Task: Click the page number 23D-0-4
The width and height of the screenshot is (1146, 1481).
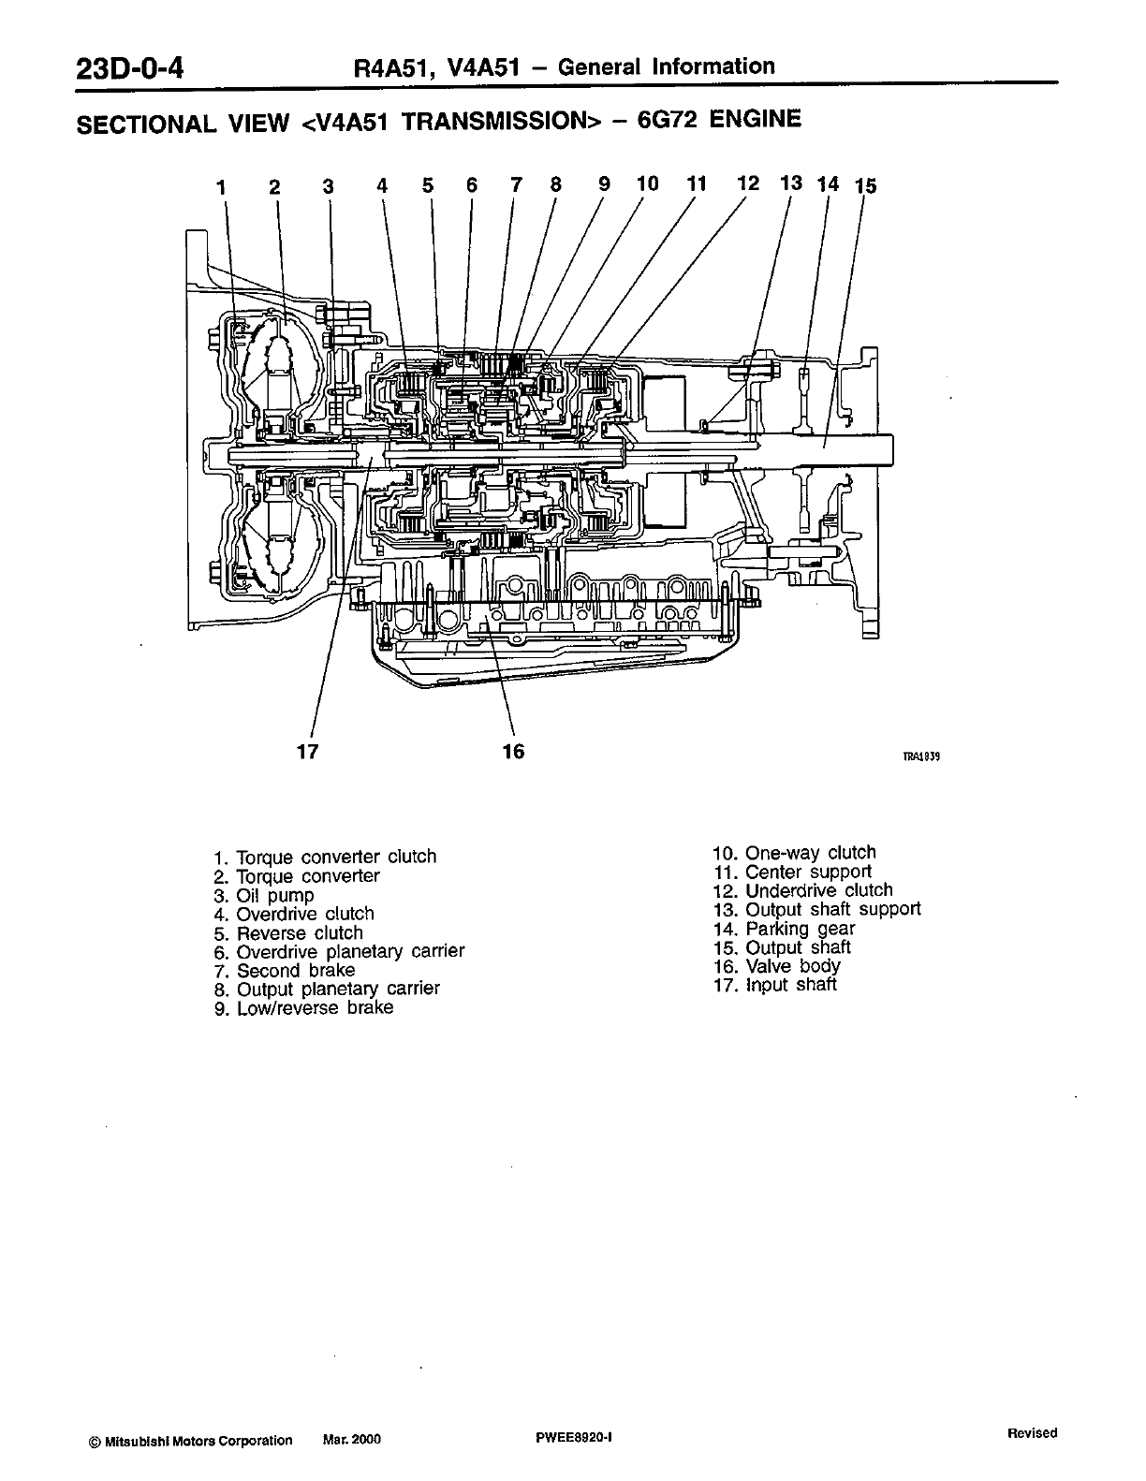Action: coord(132,70)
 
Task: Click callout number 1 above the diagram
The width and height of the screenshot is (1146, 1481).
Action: coord(221,187)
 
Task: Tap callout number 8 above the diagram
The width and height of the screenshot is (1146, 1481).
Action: coord(555,184)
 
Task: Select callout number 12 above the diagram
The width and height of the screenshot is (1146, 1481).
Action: coord(747,183)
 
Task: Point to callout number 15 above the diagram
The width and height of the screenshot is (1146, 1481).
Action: coord(866,185)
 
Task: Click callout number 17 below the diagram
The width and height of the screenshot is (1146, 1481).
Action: coord(307,751)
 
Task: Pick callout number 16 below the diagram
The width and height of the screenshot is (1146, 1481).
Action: coord(513,751)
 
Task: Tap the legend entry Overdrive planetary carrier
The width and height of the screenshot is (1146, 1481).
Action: coord(349,951)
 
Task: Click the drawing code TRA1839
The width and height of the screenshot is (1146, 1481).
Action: coord(920,758)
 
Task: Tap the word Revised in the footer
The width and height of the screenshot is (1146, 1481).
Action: coord(1032,1433)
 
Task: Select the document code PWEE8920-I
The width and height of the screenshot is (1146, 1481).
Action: coord(573,1440)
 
